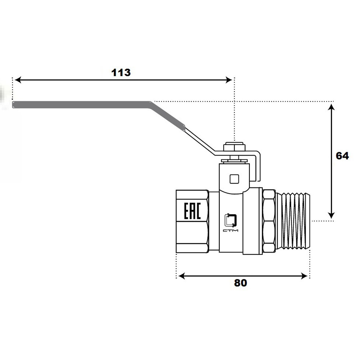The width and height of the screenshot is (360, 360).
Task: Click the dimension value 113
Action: point(121,73)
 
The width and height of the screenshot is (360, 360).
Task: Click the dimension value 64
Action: point(342,156)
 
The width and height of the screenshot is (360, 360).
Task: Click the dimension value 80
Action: point(240,283)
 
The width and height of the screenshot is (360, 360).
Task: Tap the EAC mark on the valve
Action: point(192,211)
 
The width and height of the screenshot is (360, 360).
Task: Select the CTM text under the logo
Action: point(230,230)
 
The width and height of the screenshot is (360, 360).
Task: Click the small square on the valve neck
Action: point(234,179)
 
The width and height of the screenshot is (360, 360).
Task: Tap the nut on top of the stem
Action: point(234,147)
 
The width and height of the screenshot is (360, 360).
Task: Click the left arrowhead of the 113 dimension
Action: point(18,80)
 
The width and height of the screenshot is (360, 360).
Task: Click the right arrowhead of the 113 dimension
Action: point(229,80)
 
